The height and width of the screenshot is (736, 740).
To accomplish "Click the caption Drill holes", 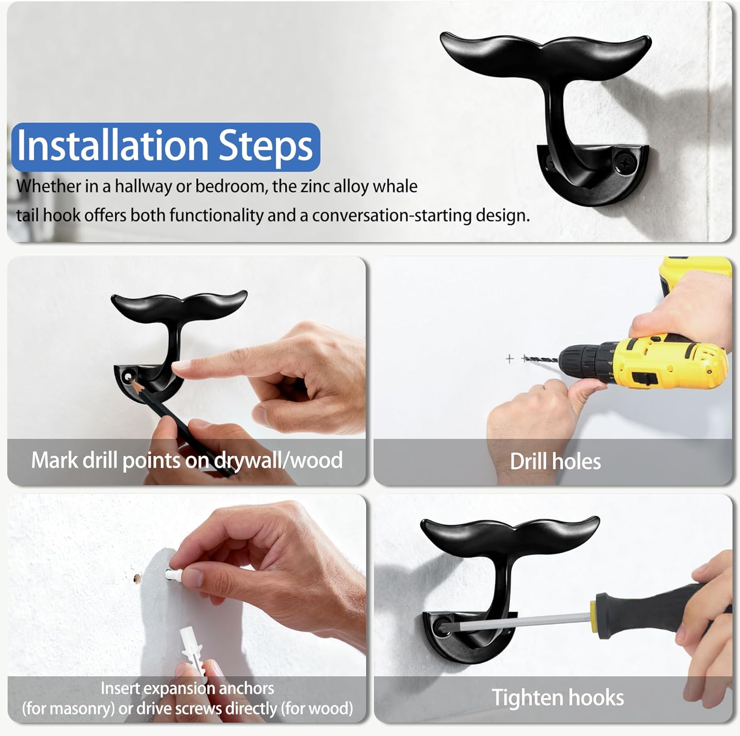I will [555, 462].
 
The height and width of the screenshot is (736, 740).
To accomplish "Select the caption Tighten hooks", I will [557, 698].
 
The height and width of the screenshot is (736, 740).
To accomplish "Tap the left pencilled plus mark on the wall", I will [510, 358].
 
